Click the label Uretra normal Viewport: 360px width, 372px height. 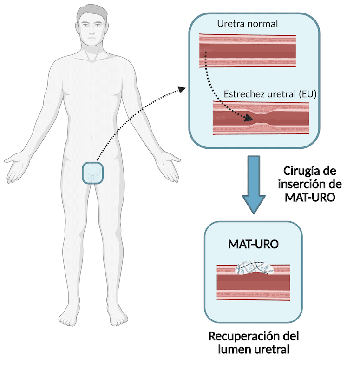click(247, 24)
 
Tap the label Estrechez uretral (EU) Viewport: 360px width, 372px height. click(270, 94)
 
